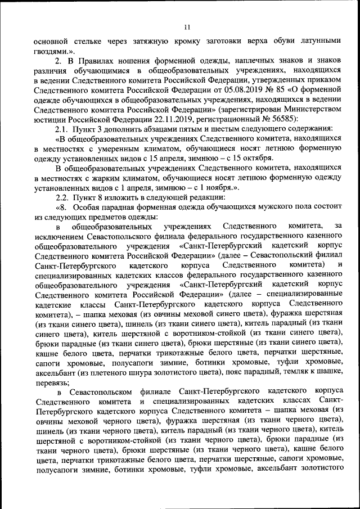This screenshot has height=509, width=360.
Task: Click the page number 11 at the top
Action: coord(187,26)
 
